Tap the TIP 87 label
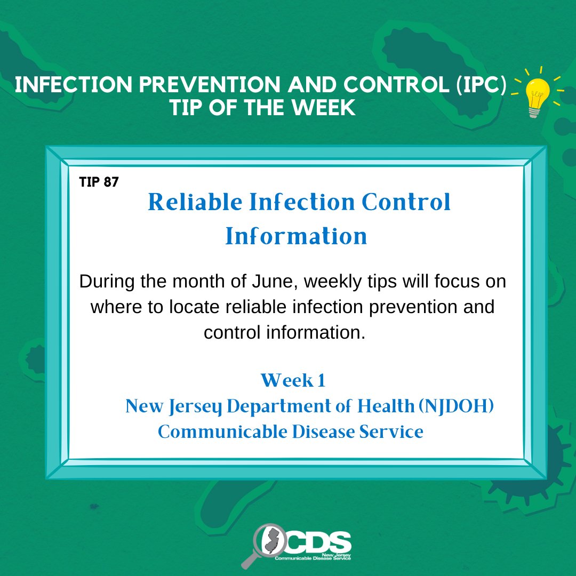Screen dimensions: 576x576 click(99, 182)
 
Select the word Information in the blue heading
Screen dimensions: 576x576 click(296, 236)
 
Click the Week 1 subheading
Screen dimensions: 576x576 click(293, 380)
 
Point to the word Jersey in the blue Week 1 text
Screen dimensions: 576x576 click(195, 407)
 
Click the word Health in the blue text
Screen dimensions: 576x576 click(386, 406)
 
